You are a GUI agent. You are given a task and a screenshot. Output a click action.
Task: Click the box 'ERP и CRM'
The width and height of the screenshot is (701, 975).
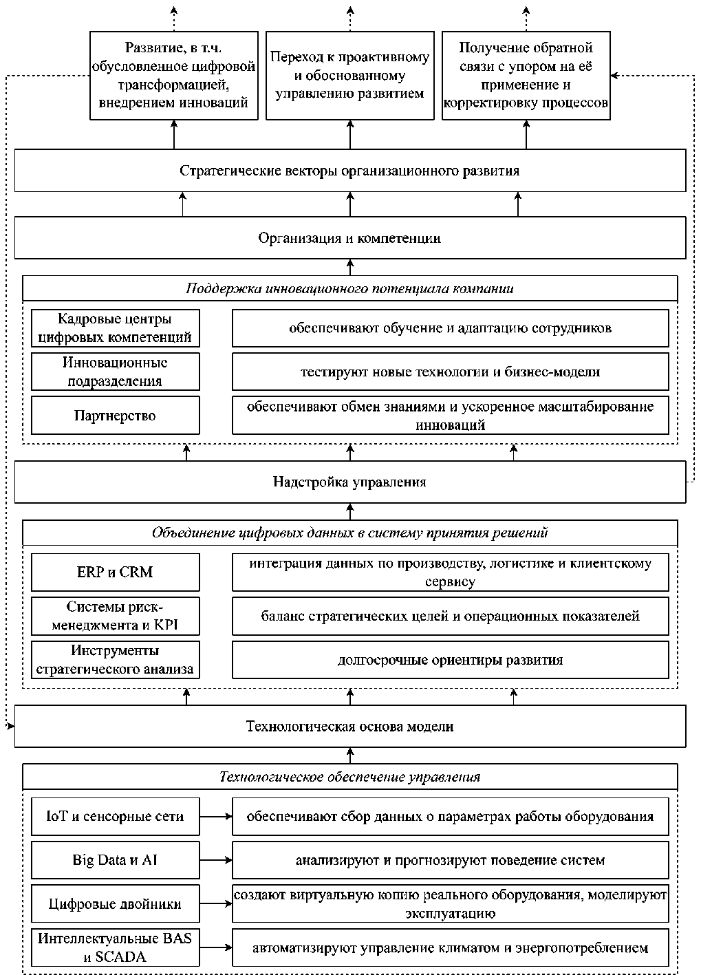pos(116,572)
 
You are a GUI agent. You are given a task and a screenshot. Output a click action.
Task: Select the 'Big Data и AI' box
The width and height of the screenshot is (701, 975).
pos(116,860)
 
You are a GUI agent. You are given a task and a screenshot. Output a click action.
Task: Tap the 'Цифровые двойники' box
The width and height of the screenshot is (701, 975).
pos(116,903)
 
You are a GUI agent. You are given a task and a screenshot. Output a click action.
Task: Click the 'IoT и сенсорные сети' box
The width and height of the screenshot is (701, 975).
pos(116,817)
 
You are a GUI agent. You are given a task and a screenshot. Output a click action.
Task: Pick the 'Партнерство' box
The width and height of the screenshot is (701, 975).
pos(116,415)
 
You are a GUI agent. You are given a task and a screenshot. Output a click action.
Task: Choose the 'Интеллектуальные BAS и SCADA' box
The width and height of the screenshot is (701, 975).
pos(116,947)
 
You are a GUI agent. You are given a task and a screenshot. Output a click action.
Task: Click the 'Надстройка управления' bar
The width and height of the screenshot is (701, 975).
pos(350,482)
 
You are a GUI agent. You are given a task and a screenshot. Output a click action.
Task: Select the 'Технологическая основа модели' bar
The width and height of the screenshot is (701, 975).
pos(350,727)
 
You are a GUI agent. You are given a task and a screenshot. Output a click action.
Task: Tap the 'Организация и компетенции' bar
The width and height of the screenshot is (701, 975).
pos(350,238)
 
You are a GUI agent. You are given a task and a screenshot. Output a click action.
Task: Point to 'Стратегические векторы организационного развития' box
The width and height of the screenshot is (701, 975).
pos(350,171)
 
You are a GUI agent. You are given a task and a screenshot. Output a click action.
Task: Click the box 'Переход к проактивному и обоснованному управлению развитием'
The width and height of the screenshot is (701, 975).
pos(350,75)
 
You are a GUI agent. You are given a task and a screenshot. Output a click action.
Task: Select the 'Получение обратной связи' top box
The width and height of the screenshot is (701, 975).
pos(526,75)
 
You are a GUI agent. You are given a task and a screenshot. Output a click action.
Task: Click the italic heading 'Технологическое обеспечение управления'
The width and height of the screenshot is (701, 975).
pos(350,777)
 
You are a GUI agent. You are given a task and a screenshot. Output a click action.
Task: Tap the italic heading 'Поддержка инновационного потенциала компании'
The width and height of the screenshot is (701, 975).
pos(350,288)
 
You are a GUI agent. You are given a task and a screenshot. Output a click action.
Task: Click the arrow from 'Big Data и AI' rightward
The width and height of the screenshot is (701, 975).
pos(216,860)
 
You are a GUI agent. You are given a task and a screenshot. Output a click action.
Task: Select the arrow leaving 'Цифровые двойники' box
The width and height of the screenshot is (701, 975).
pos(216,903)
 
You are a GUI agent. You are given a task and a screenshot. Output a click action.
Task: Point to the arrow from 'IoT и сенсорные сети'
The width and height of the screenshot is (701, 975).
pos(216,817)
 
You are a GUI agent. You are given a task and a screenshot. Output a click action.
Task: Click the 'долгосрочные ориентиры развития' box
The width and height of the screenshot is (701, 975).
pos(451,660)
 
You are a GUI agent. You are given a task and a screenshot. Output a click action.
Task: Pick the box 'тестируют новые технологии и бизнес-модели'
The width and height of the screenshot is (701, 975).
pos(451,372)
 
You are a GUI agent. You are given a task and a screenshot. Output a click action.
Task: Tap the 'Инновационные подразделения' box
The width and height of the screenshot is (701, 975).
pos(116,372)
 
